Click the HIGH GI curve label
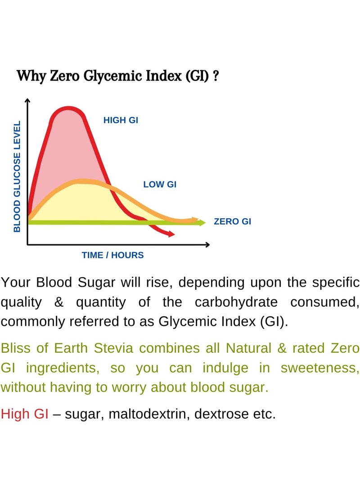(121, 120)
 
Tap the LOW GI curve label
(160, 185)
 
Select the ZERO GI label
(232, 221)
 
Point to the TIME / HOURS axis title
(112, 255)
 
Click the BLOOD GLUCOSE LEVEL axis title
(17, 176)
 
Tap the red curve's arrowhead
(171, 234)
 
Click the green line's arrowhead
(202, 223)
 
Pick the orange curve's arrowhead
(195, 220)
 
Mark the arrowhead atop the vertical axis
(27, 100)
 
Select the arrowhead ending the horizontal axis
(207, 244)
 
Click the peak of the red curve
(68, 108)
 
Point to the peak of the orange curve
(82, 181)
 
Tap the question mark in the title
(216, 76)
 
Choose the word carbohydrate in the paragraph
(236, 302)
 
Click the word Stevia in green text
(113, 348)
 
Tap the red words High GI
(25, 414)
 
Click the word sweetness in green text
(320, 368)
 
